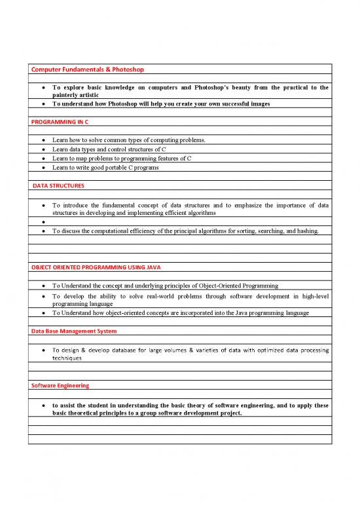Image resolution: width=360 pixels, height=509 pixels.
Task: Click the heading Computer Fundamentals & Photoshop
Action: click(x=87, y=69)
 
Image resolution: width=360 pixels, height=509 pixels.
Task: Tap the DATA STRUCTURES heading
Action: click(x=58, y=186)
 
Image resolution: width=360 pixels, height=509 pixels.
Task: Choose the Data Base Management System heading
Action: click(x=73, y=331)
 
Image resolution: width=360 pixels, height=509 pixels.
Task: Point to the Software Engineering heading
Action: click(x=60, y=385)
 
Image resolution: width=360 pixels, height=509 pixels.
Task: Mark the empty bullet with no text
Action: click(x=43, y=222)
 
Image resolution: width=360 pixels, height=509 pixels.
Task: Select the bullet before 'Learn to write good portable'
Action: click(x=43, y=168)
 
